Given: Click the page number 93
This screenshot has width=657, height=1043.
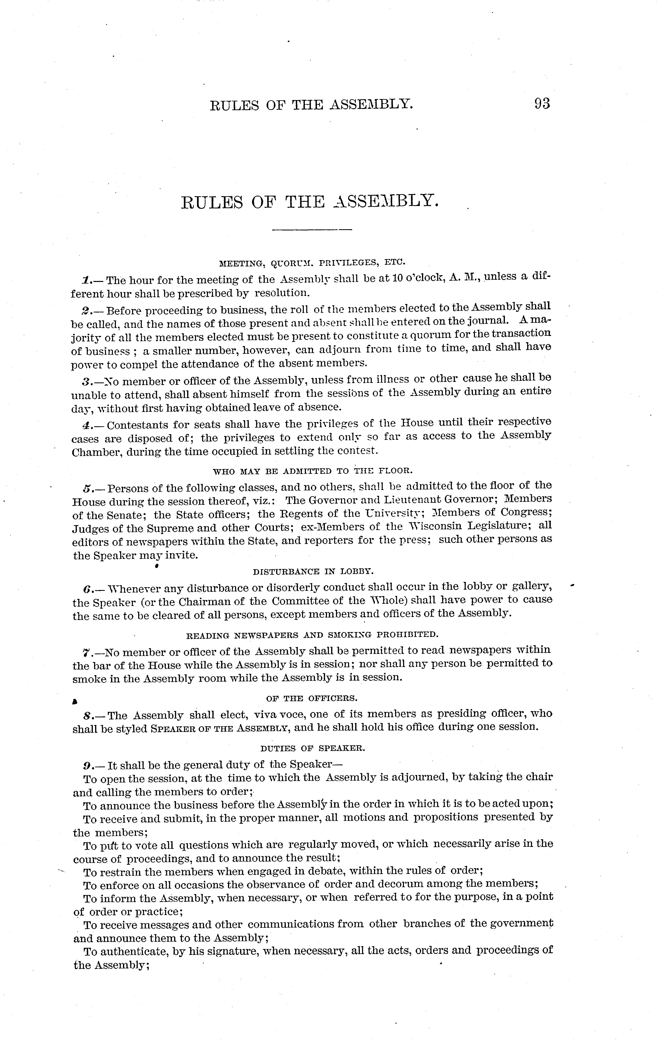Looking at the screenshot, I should (x=542, y=104).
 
